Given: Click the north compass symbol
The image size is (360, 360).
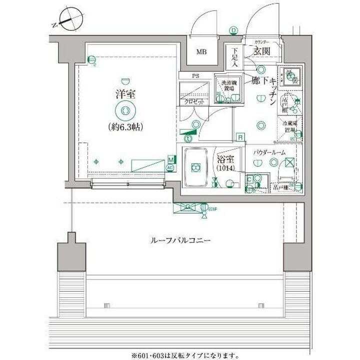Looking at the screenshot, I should (69, 18).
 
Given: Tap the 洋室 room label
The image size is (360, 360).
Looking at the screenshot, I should (125, 94).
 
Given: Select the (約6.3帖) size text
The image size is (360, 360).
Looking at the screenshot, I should (125, 126).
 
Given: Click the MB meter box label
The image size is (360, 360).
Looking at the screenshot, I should (201, 52).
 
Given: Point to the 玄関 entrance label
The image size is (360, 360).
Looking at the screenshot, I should (261, 51).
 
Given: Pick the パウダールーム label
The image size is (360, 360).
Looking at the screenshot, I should (269, 152).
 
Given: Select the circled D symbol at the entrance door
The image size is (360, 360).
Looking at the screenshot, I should (233, 30).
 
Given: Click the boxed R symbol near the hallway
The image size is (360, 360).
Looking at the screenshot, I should (240, 137).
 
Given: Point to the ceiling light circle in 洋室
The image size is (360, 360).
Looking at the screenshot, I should (125, 110).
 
